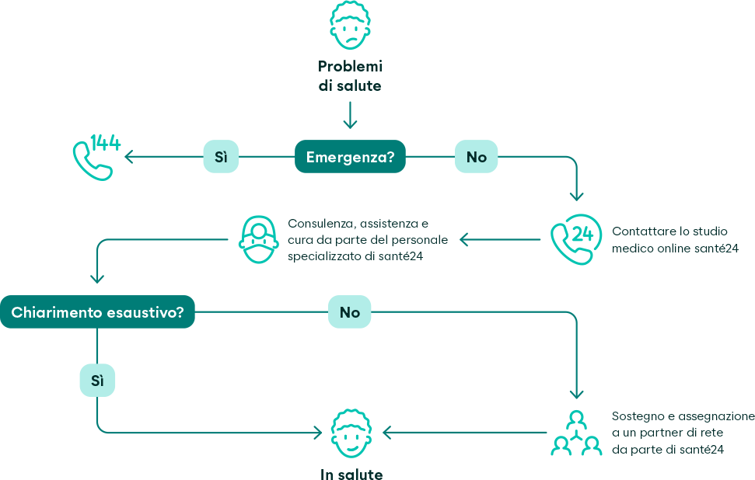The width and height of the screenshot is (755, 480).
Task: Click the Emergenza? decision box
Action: pos(350,157)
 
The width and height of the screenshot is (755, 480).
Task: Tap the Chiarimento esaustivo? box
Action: pos(97,312)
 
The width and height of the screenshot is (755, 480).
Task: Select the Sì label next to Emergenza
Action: pos(221,157)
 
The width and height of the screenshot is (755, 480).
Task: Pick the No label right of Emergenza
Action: pos(476,157)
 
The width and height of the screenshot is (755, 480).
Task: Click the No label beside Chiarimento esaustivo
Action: pos(349,312)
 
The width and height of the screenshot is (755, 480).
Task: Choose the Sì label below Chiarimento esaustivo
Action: pos(97,381)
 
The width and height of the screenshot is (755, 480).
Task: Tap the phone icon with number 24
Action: pos(575,239)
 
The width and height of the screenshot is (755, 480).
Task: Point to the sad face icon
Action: pos(350,25)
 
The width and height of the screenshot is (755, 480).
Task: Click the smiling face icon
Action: pos(351,434)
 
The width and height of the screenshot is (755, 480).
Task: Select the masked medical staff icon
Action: pos(259,238)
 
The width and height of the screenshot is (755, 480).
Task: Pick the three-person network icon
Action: pos(576,433)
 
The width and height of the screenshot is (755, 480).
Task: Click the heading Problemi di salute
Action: pos(350,76)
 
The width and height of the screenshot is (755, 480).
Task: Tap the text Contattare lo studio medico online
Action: pos(674,239)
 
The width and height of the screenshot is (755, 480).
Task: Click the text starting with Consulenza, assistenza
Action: pos(358,239)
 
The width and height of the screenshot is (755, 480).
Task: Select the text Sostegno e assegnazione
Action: pos(683,433)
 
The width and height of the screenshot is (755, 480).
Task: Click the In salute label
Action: pos(351,474)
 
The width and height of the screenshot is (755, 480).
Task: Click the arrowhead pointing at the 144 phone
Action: pos(130,157)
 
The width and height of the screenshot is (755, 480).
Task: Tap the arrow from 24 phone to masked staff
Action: pos(500,239)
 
